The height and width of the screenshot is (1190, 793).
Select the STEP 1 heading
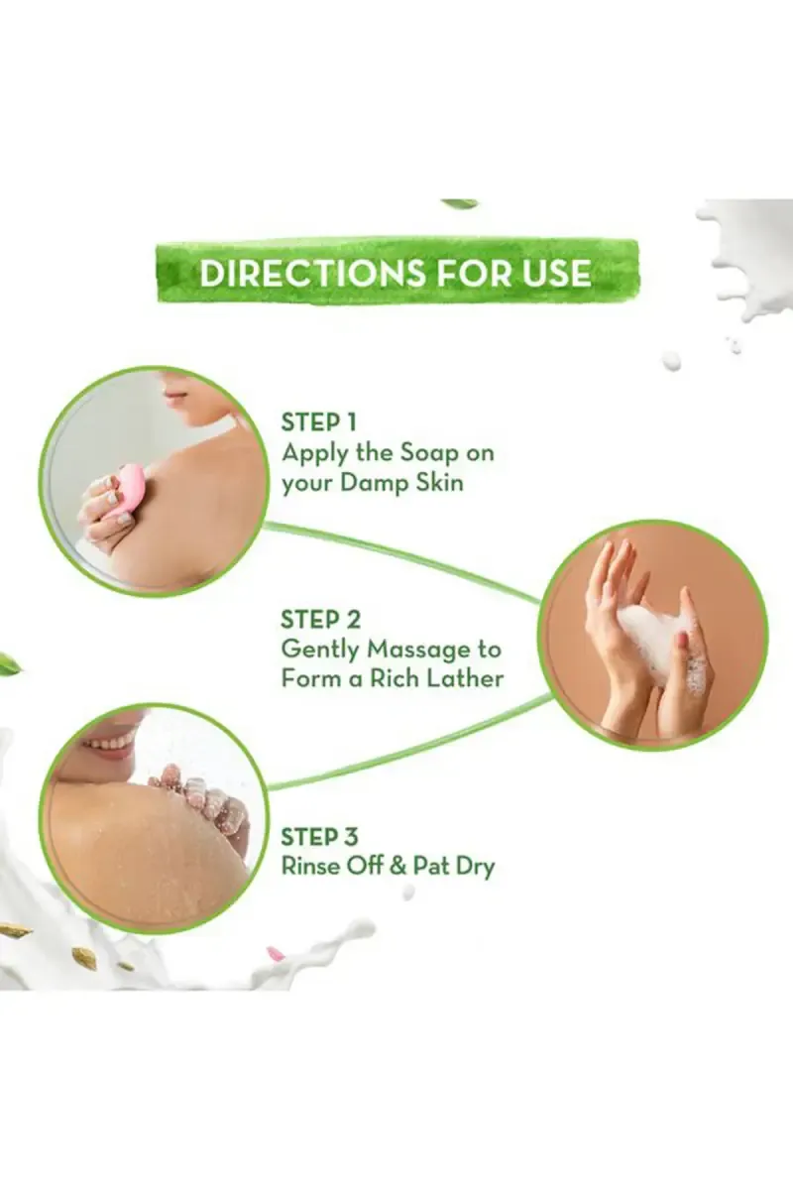318,422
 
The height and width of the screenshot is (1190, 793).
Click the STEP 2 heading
321,620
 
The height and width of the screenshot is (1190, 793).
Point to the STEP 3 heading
319,837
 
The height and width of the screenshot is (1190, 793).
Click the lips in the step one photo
175,396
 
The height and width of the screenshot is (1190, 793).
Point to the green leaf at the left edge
11,663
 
